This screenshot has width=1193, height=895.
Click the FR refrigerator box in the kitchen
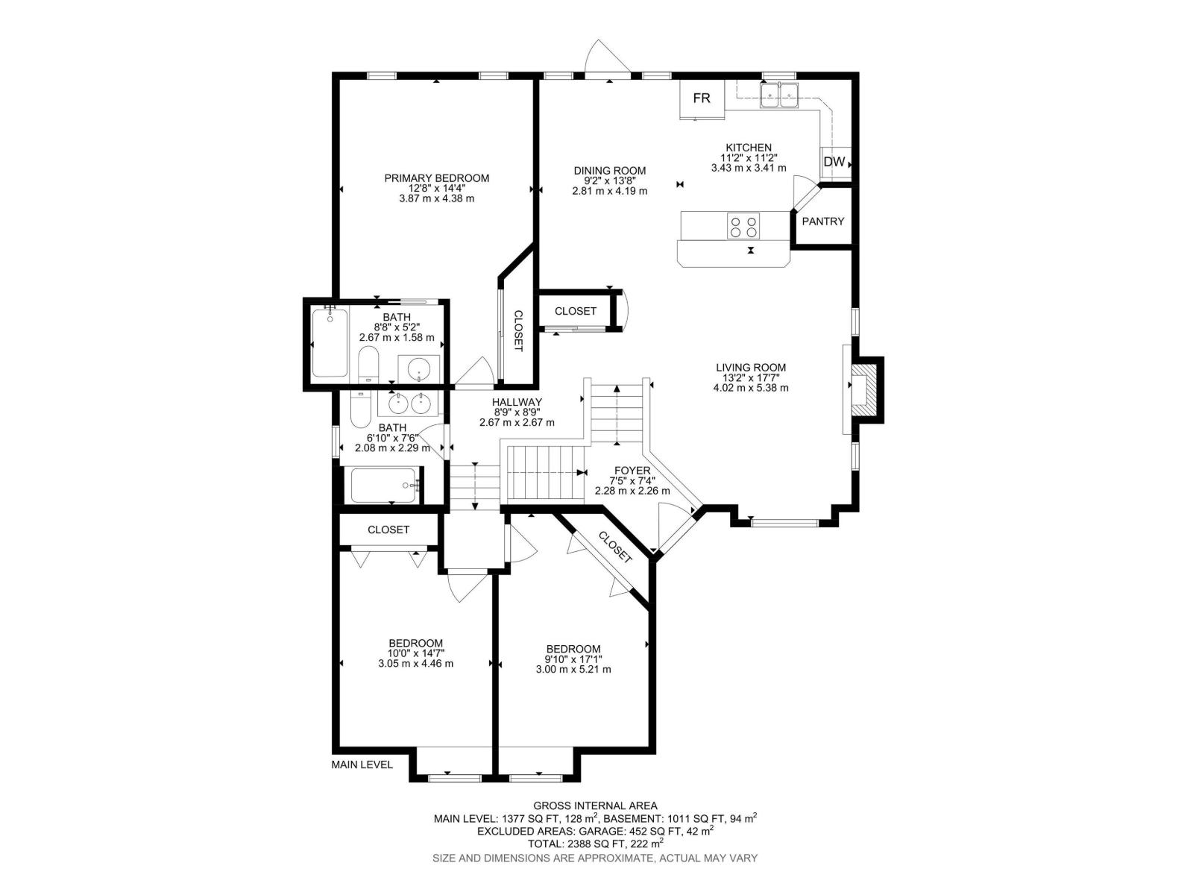(x=701, y=99)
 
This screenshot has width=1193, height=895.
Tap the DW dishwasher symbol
(x=834, y=162)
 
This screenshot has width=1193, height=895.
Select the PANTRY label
(x=823, y=222)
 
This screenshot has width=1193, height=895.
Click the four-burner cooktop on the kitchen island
(x=743, y=226)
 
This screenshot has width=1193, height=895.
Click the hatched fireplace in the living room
(x=865, y=389)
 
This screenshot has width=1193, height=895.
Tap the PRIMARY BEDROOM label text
(x=436, y=178)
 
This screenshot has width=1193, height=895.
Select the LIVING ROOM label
(x=750, y=368)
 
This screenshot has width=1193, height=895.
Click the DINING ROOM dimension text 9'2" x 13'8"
(x=609, y=181)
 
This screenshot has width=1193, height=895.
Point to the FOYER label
(x=632, y=471)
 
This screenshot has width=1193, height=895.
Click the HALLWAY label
(x=517, y=402)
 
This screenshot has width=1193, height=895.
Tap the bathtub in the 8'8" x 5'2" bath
(x=330, y=342)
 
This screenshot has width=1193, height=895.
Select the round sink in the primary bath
(x=418, y=368)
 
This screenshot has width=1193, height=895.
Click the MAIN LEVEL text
(x=362, y=764)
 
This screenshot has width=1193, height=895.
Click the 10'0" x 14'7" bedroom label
(x=415, y=644)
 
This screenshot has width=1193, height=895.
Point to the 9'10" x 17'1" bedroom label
(x=573, y=649)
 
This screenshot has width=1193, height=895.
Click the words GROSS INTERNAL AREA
(x=595, y=805)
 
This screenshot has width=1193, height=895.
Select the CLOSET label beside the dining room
(x=576, y=311)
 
